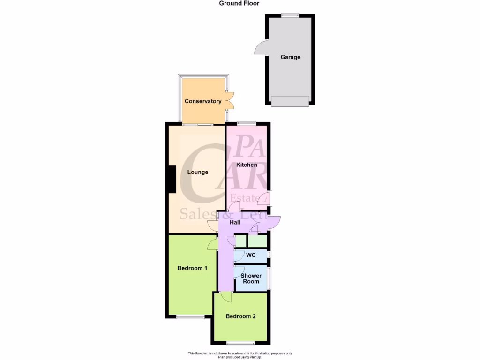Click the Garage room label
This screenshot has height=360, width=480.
290,57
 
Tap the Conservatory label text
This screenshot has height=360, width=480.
202,101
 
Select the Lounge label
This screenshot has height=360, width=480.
197,172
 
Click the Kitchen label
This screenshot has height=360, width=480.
247,165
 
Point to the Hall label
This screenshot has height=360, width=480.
235,222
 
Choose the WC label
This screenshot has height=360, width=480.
251,255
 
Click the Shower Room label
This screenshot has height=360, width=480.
251,278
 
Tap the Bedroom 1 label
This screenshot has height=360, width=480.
192,268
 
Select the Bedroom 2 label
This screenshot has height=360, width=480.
240,316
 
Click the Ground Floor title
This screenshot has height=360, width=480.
239,3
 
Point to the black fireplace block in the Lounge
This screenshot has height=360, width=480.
172,179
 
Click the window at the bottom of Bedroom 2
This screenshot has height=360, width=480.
240,342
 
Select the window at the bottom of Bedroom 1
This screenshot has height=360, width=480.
190,317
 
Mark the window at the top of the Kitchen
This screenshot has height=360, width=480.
247,123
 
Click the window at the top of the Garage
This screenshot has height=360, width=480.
290,15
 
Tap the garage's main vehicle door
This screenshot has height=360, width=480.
290,101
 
